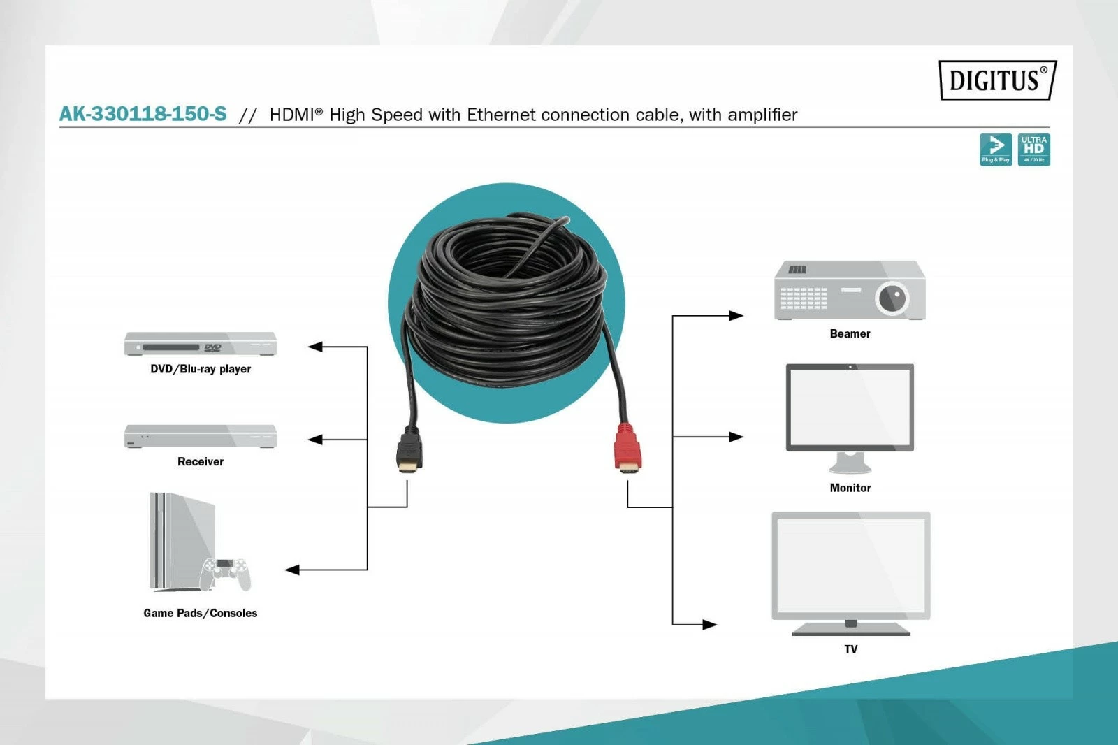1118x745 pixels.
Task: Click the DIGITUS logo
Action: tap(996, 80)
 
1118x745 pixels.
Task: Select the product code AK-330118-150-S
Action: tap(143, 114)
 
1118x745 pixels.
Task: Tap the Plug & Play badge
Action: tap(995, 150)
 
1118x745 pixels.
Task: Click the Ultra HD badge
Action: tap(1033, 150)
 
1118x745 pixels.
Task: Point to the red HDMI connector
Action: tap(627, 447)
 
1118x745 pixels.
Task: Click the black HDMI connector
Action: tap(409, 449)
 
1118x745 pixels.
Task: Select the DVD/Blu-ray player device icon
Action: tap(201, 345)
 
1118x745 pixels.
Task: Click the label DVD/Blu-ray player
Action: tap(201, 369)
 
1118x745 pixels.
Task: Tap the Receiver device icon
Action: tap(201, 436)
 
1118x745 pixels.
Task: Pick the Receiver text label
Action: tap(201, 462)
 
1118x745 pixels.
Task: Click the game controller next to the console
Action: tap(225, 573)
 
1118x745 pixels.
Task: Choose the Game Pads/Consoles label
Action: tap(201, 614)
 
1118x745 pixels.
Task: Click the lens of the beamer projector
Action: tap(892, 298)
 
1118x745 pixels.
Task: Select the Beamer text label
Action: tap(850, 334)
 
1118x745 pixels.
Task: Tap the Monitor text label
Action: tap(850, 488)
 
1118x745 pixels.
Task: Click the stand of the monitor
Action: tap(850, 463)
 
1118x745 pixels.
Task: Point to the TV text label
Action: tap(850, 649)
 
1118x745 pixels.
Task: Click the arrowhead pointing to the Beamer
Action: tap(736, 316)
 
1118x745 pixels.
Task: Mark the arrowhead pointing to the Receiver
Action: tap(316, 440)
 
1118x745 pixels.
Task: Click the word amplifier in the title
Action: tap(762, 115)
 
